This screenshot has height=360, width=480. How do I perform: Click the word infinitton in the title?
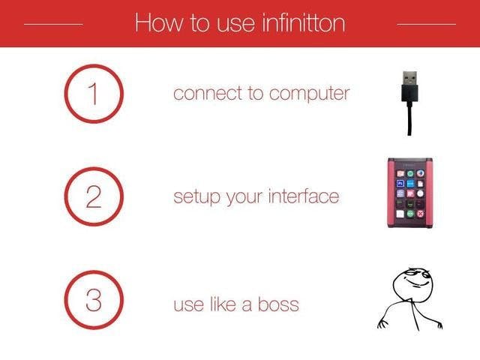click(x=304, y=22)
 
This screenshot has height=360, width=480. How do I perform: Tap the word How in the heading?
click(x=158, y=22)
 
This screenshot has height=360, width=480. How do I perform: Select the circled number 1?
click(x=94, y=94)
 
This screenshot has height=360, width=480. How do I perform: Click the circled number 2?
click(x=94, y=196)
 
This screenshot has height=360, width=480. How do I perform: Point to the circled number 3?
click(x=94, y=300)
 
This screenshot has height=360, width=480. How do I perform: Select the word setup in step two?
click(x=196, y=197)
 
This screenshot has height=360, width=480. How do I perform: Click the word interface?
click(x=304, y=196)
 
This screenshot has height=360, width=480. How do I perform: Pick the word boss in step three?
click(x=278, y=304)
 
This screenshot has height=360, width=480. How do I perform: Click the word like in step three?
click(x=223, y=304)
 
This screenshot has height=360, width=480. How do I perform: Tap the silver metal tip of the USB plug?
click(x=409, y=78)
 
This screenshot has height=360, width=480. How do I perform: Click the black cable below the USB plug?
click(x=409, y=119)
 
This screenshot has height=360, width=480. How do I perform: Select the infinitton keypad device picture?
click(x=410, y=193)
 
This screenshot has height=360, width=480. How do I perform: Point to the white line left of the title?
click(x=53, y=24)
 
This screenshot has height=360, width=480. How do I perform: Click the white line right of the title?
click(x=427, y=24)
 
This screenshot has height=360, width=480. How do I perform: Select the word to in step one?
click(x=256, y=93)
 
